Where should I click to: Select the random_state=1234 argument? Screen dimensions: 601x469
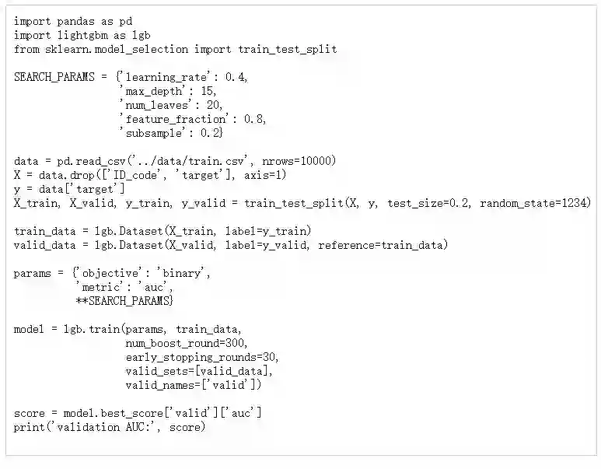(x=536, y=203)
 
